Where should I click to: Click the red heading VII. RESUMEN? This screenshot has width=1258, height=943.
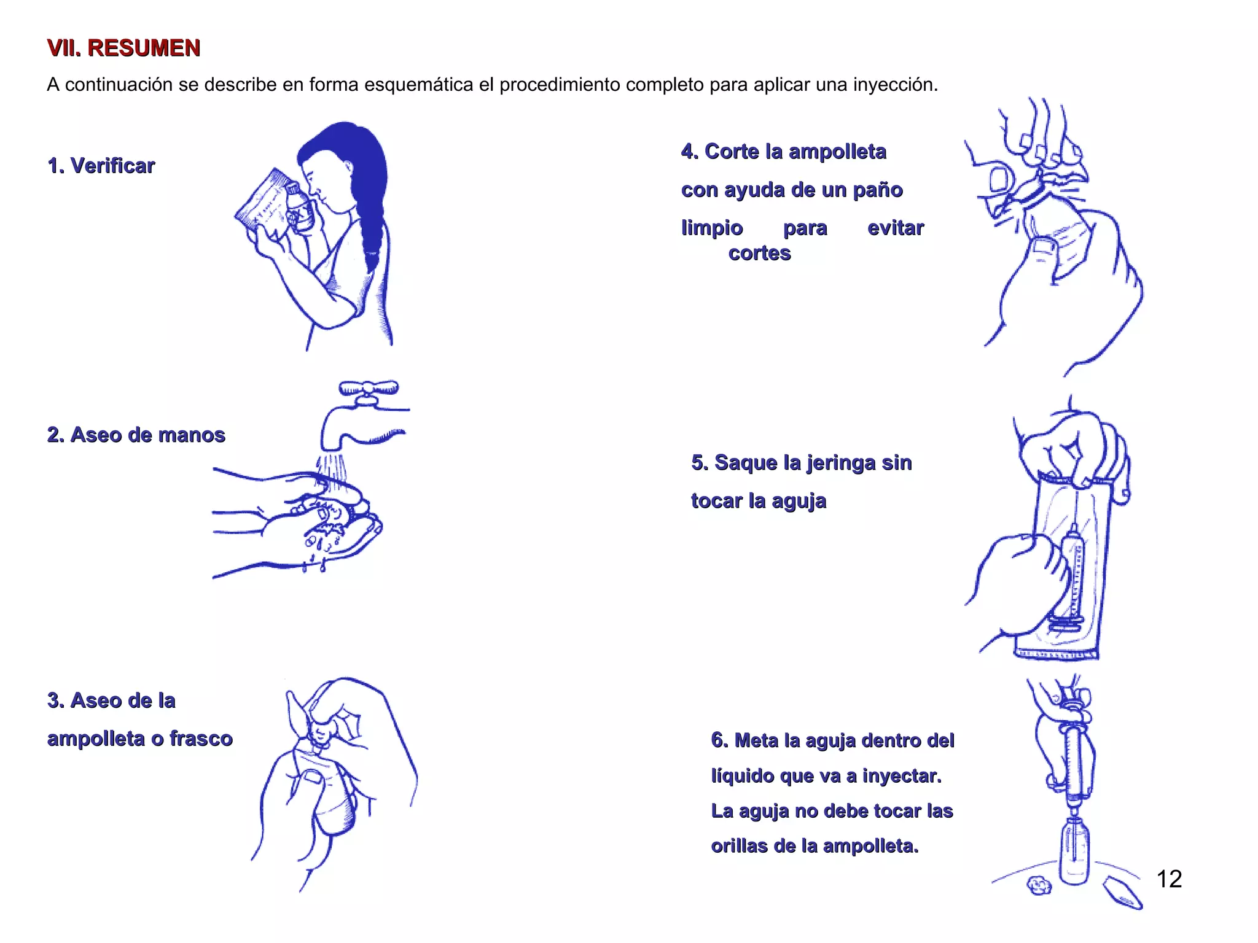pyautogui.click(x=123, y=48)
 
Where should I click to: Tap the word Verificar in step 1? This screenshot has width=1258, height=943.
pyautogui.click(x=112, y=166)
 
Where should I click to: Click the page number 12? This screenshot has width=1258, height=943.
pyautogui.click(x=1168, y=879)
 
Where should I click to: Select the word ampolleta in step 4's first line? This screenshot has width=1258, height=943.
pyautogui.click(x=837, y=152)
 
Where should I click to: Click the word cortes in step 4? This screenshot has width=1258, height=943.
pyautogui.click(x=759, y=253)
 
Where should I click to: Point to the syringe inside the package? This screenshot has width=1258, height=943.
pyautogui.click(x=1074, y=577)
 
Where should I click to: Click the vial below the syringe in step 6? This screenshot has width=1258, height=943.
pyautogui.click(x=1074, y=853)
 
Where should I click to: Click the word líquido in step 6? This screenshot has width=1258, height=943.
pyautogui.click(x=742, y=776)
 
